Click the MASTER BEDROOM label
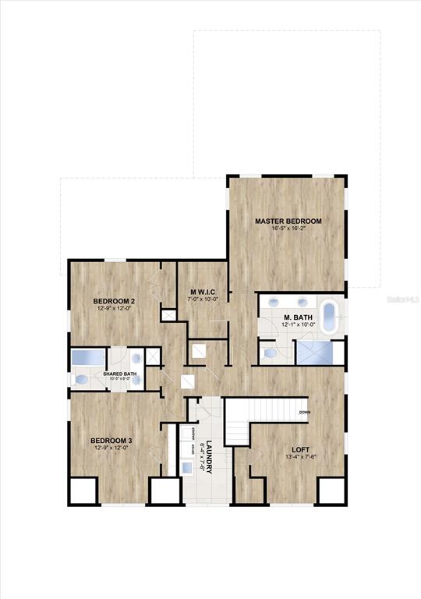(288, 221)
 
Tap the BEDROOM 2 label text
(115, 301)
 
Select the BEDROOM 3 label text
(111, 441)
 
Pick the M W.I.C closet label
(202, 292)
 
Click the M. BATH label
(298, 317)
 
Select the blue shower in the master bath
(320, 353)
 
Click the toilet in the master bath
(270, 353)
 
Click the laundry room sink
(188, 467)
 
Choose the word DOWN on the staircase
(303, 412)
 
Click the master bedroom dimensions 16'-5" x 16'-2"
(288, 229)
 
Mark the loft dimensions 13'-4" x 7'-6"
(302, 457)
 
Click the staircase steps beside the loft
(265, 409)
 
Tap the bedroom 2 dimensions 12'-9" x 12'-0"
(115, 309)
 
